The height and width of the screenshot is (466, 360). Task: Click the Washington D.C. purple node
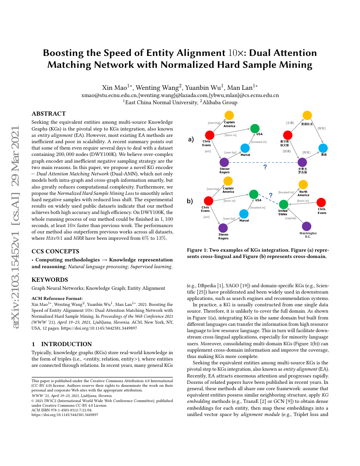(307, 226)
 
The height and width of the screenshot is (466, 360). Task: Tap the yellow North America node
(303, 184)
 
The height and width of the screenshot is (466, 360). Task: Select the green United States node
(283, 204)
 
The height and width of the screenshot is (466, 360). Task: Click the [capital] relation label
(291, 218)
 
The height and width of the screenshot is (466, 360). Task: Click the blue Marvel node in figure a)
(245, 148)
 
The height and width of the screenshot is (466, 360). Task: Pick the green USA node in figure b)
(253, 194)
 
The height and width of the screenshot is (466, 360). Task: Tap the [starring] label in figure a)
(214, 123)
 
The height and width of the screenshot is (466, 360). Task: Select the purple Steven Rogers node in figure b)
(223, 228)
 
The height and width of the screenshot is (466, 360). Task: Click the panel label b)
(190, 202)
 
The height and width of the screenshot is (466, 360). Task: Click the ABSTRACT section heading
(49, 114)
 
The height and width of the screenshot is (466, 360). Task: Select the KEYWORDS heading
(50, 280)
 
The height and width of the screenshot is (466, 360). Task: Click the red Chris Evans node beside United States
(321, 202)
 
